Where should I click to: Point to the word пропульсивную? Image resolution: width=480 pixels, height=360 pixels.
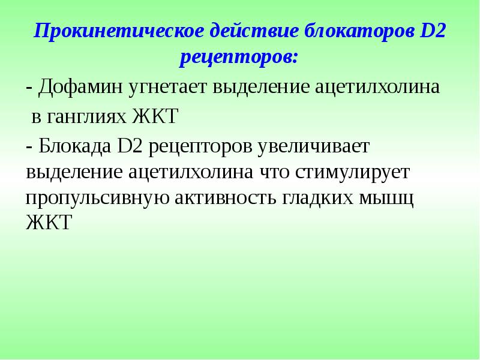96,199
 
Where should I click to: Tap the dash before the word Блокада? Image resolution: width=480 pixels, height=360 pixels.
29,145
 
